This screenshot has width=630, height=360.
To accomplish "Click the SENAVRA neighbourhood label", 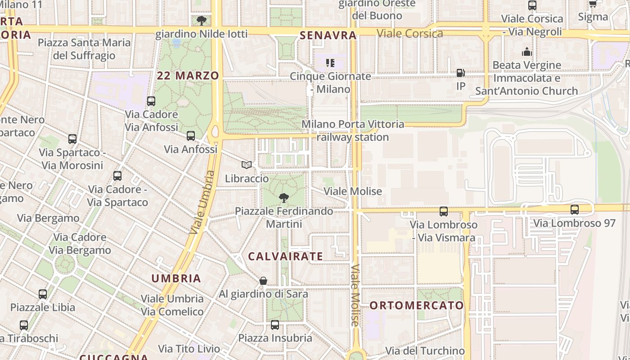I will [x=328, y=35].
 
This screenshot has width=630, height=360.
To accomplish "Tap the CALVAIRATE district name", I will [x=286, y=256].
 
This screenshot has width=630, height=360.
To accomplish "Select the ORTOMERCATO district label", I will [x=417, y=306].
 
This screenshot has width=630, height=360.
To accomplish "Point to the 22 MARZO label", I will [x=188, y=76].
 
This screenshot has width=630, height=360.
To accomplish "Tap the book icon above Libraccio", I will [x=247, y=165].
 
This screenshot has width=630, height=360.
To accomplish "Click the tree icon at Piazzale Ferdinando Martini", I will [x=284, y=198].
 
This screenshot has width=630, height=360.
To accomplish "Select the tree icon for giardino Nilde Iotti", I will [x=202, y=20].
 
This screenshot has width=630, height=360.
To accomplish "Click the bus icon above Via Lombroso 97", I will [x=575, y=209].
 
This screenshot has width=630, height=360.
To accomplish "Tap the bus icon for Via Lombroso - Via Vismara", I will [x=444, y=211].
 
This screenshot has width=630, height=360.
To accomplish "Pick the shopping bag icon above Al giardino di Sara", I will [x=263, y=281].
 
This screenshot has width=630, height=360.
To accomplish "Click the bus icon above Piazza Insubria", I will [x=275, y=324].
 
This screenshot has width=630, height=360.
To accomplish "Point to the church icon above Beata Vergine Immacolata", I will [x=527, y=52].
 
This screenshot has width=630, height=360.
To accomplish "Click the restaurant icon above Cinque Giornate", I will [x=330, y=63].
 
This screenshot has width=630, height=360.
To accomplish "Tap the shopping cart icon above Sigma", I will [x=593, y=4].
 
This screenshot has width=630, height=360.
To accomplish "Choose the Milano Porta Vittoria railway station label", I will [x=353, y=130].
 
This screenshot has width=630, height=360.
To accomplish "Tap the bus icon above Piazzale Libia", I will [x=43, y=294].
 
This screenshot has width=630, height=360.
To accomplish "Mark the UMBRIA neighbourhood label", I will [x=176, y=278].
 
